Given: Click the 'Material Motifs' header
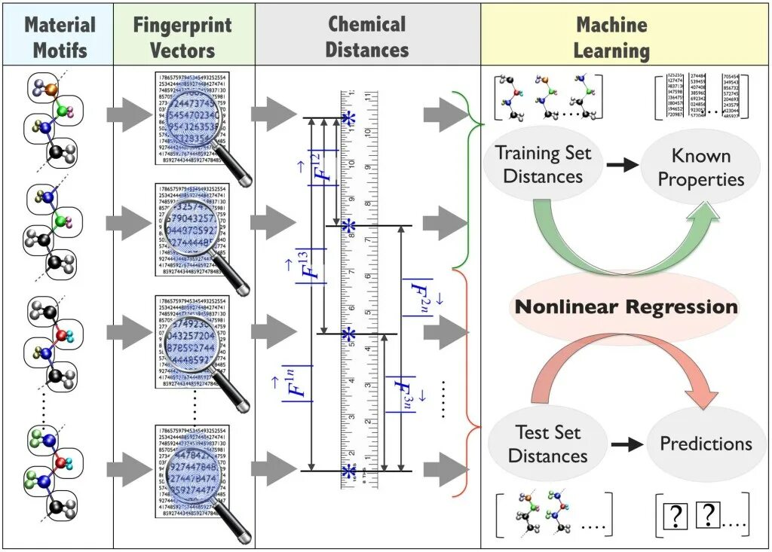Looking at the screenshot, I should [60, 37].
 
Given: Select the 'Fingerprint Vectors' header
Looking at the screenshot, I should [183, 37].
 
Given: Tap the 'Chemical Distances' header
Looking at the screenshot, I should [368, 37].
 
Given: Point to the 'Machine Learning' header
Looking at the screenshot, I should [611, 37].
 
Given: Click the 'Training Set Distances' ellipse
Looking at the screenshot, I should [543, 164].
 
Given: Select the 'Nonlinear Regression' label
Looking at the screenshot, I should [626, 307].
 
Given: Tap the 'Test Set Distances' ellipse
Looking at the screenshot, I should [547, 444].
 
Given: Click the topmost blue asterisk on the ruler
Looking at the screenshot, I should [348, 118].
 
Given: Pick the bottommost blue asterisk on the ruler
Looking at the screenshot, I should [348, 471].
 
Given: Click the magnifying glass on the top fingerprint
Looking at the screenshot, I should [192, 117].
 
